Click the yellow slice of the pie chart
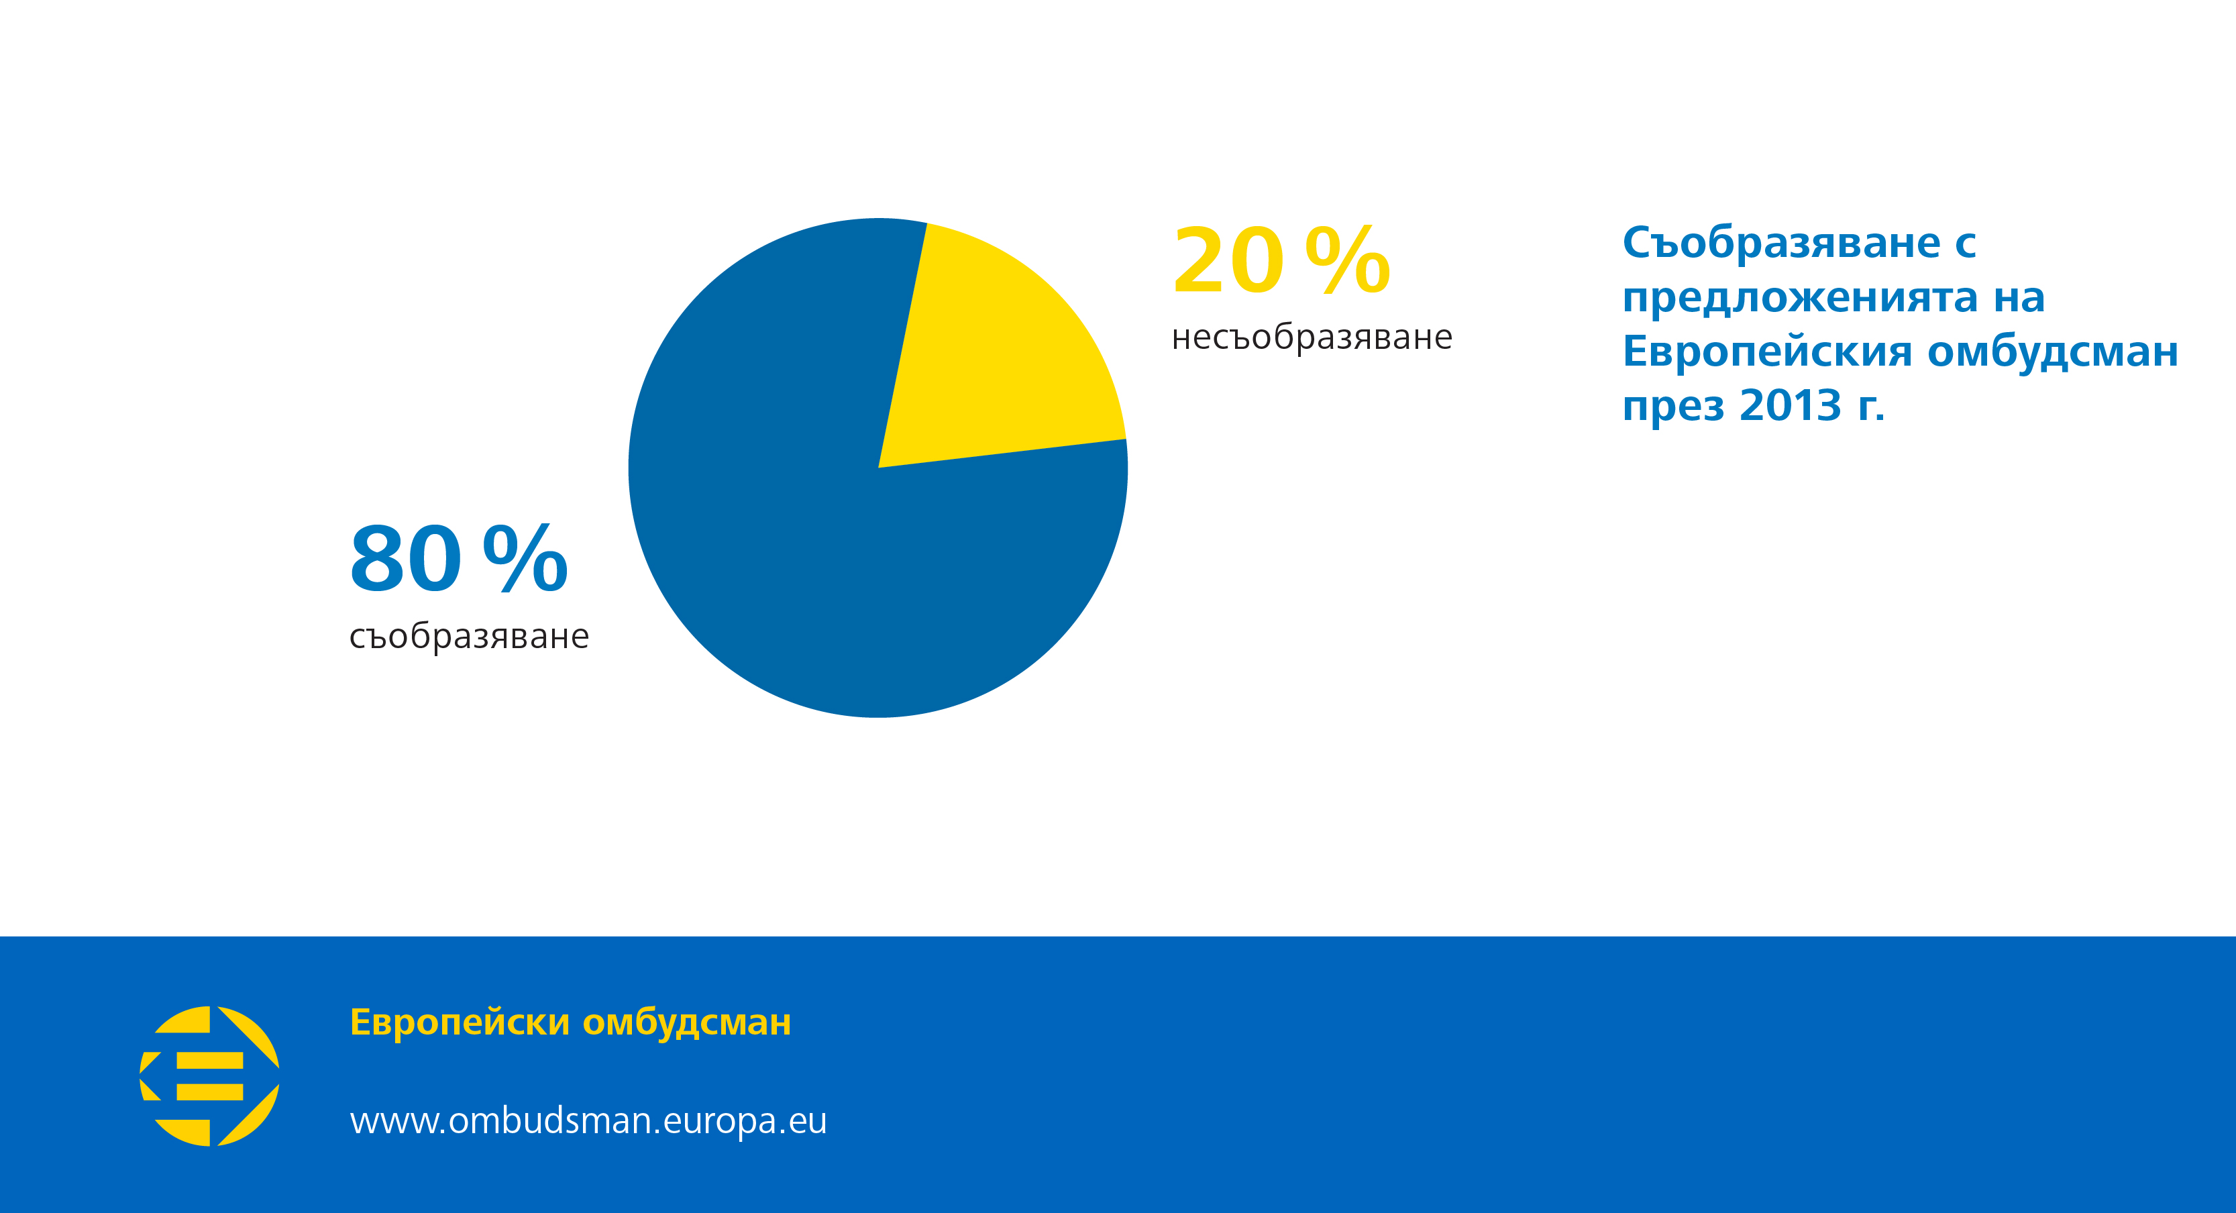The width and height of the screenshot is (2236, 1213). [x=998, y=356]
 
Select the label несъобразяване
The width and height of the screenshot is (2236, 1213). [x=1312, y=337]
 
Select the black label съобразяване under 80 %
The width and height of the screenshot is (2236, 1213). [x=469, y=637]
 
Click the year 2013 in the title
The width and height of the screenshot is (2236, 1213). [x=1790, y=405]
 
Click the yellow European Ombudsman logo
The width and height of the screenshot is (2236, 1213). [x=210, y=1076]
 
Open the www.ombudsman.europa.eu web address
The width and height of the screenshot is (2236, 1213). [x=588, y=1120]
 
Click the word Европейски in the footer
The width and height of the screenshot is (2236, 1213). [x=459, y=1023]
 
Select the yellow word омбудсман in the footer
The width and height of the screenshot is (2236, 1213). [x=686, y=1023]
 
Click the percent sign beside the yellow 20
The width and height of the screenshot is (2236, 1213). [x=1347, y=260]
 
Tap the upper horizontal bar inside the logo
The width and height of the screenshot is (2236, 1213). [x=210, y=1060]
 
